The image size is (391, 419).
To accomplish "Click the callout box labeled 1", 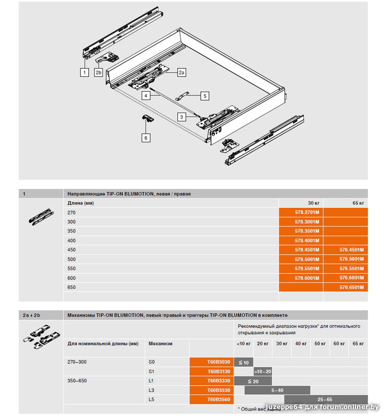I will (84, 73).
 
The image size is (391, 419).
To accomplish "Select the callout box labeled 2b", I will (98, 73).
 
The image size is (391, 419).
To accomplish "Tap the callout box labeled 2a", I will (181, 73).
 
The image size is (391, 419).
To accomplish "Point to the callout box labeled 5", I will (204, 96).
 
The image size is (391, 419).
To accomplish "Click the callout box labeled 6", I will (146, 138).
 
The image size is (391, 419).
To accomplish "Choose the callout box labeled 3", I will (181, 117).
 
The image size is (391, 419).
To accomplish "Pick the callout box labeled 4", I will (146, 96).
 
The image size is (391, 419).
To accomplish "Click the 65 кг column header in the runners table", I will (358, 203).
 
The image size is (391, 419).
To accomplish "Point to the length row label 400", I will (72, 240).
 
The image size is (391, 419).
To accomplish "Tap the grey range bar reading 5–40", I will (277, 390).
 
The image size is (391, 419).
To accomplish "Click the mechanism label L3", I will (152, 390).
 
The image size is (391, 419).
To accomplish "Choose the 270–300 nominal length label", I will (77, 362).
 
